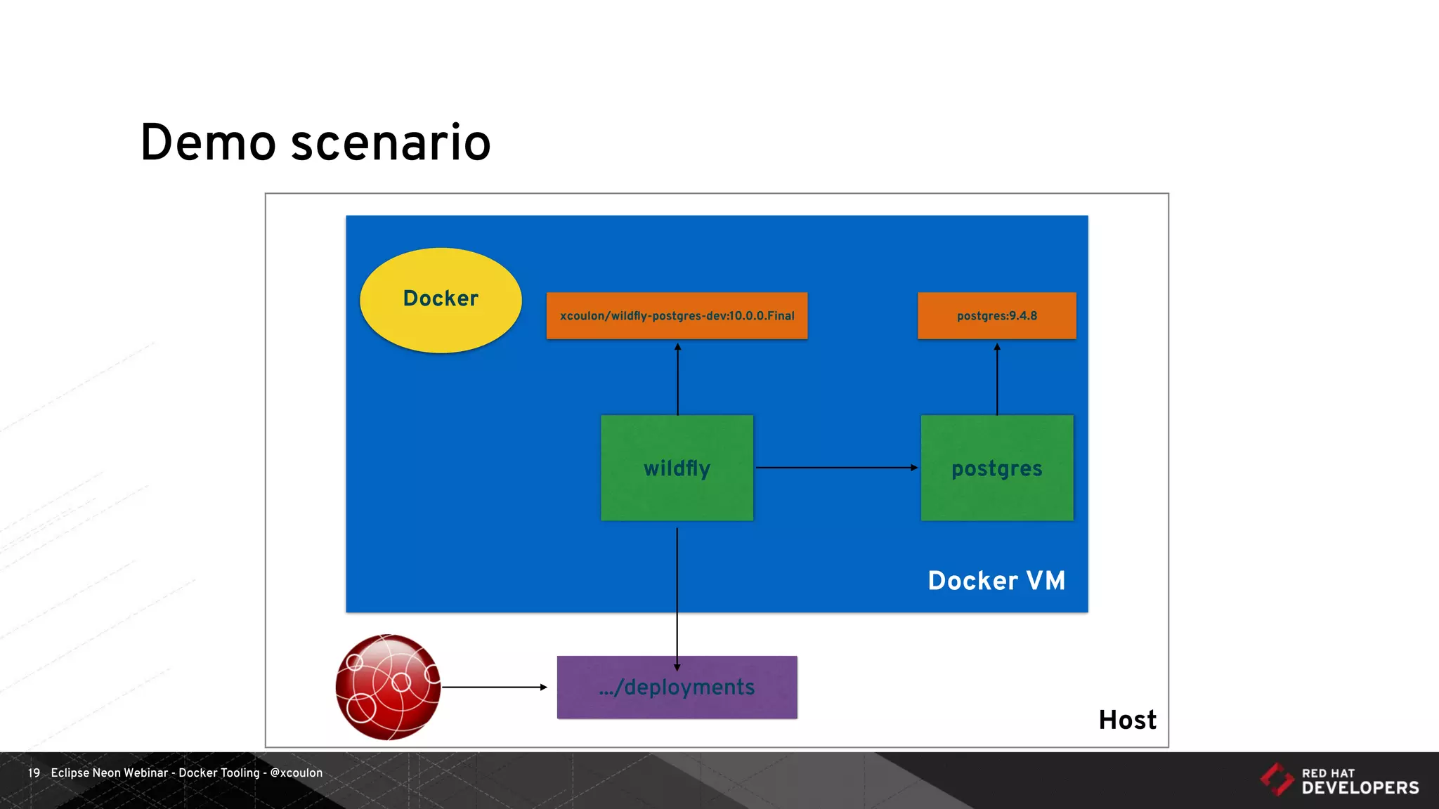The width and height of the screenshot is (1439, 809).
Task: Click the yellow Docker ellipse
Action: pos(441,300)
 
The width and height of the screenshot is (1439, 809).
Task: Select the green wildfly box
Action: pos(677,468)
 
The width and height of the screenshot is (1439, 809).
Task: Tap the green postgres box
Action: pos(996,468)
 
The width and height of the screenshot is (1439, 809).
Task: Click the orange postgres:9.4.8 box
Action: pos(996,316)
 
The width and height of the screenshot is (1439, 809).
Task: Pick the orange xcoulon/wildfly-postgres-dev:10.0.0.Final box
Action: pos(677,316)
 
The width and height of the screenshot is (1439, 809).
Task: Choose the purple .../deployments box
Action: pos(677,687)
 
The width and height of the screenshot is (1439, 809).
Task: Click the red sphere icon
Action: pos(388,687)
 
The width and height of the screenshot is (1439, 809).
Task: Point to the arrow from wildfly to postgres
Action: pos(836,467)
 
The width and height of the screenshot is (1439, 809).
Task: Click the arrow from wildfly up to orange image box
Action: pos(677,379)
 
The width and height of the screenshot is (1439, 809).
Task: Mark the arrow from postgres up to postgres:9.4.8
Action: pos(996,379)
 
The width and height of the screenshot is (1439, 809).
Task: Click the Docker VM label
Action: pos(996,581)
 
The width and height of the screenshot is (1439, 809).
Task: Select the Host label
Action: pos(1127,720)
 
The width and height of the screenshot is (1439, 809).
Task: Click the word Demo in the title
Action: pos(208,143)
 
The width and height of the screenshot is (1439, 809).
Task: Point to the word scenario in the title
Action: pos(391,143)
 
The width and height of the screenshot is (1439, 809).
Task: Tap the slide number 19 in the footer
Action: pos(34,772)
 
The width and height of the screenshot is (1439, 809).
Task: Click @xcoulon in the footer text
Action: pos(296,772)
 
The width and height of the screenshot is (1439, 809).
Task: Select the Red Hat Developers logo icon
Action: pos(1276,780)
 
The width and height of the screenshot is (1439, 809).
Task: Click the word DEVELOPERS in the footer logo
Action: pos(1360,788)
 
